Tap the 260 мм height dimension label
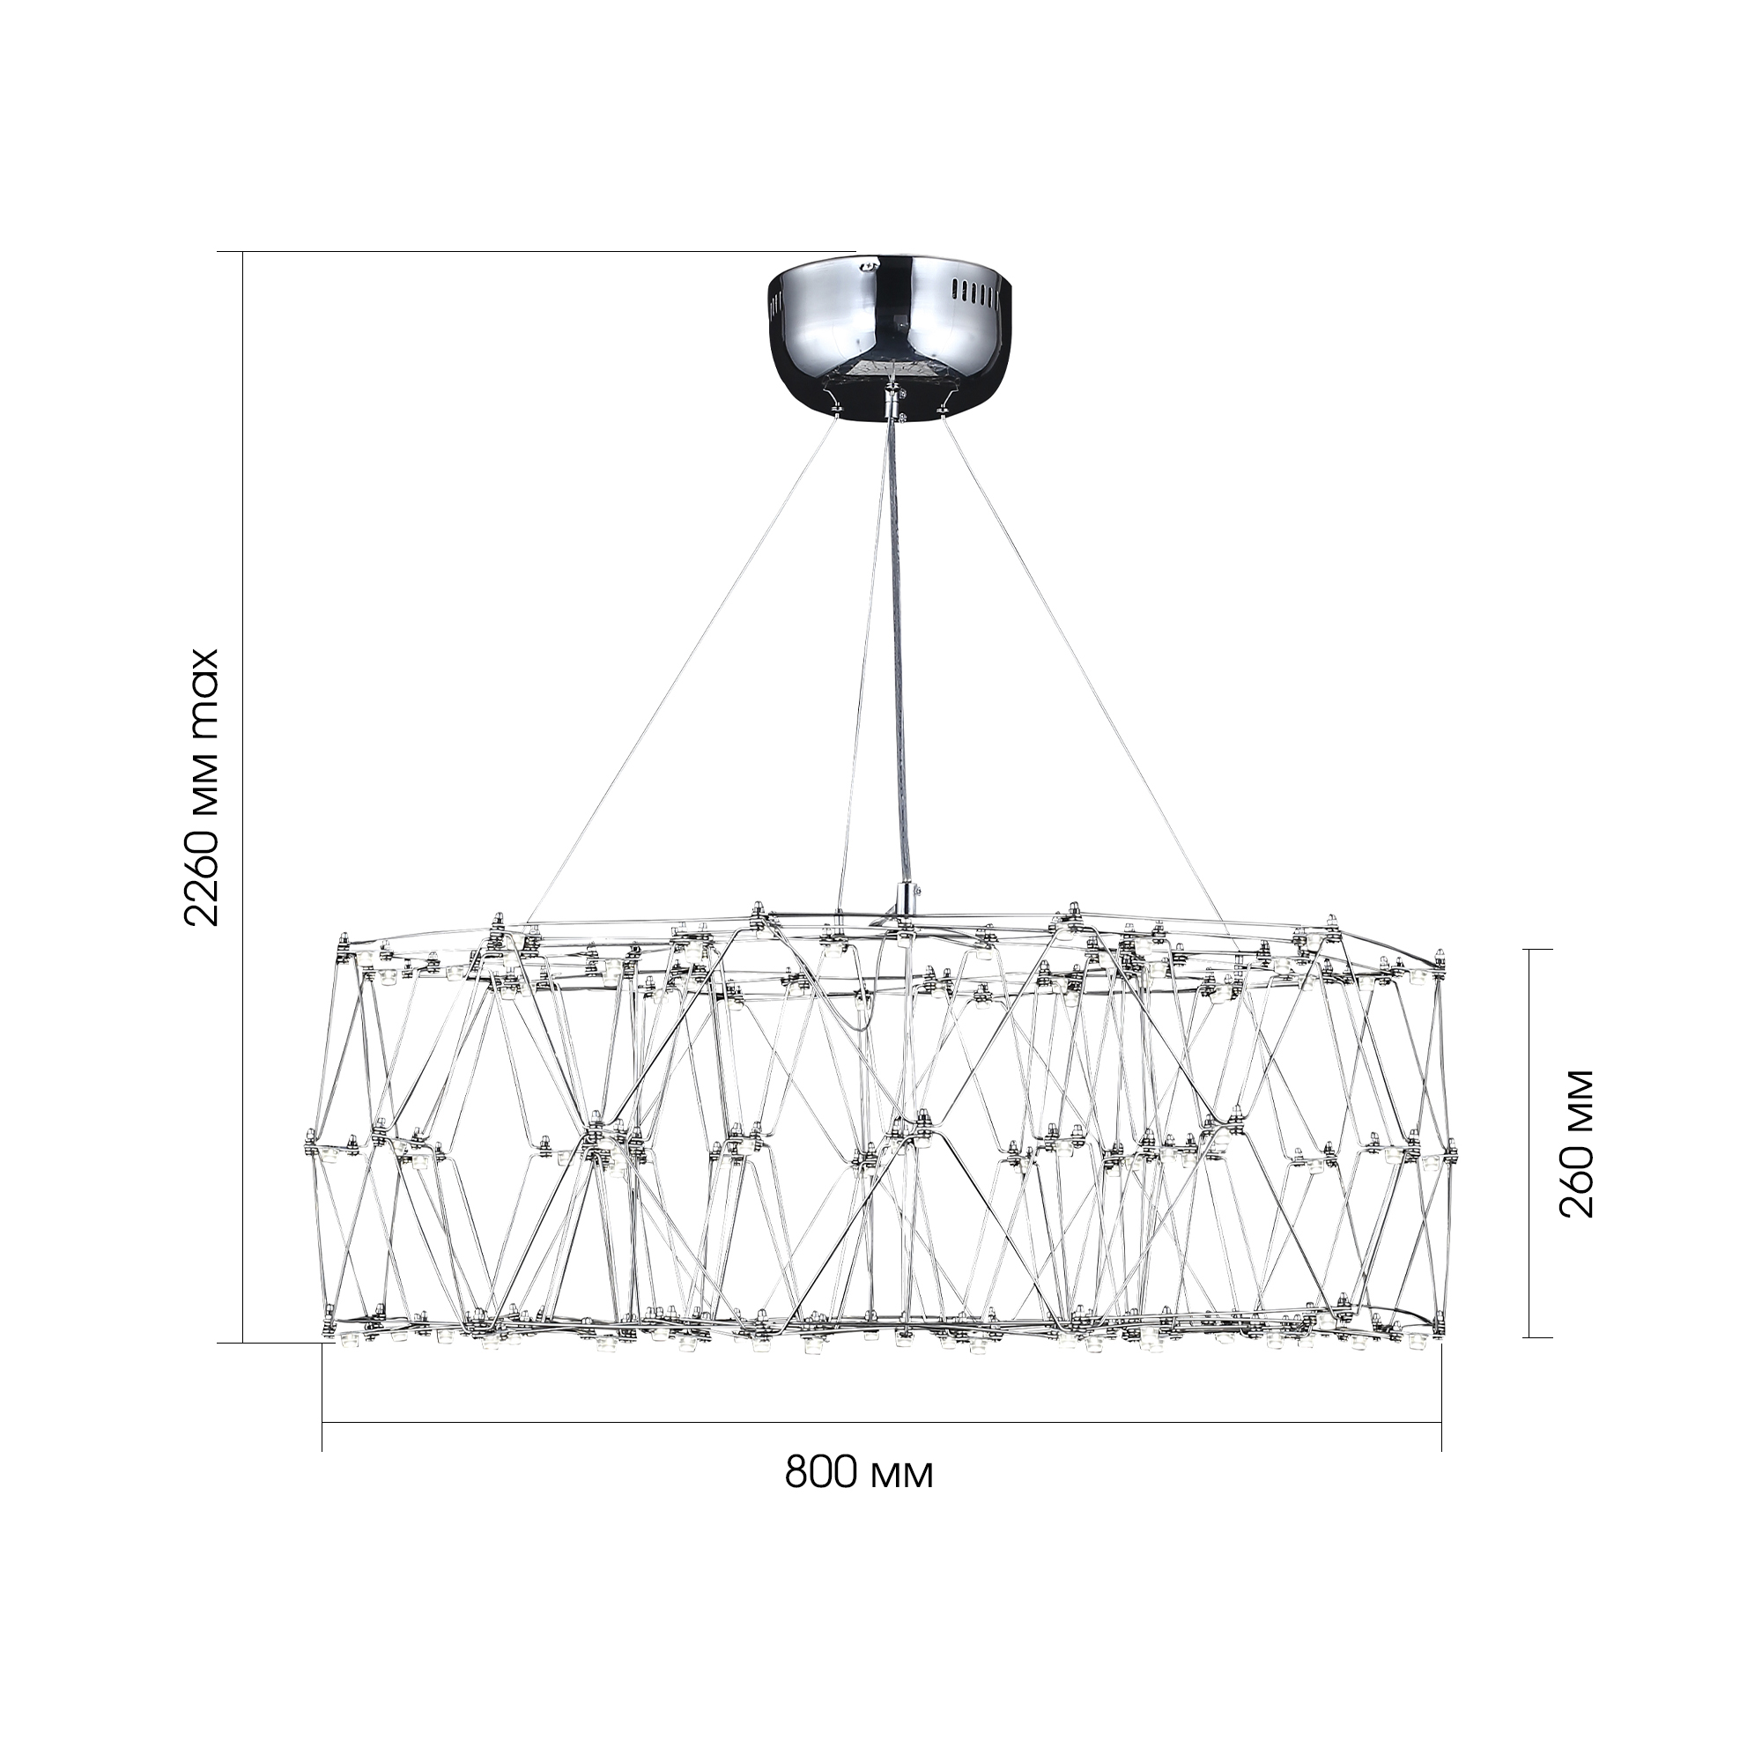click(x=1577, y=1144)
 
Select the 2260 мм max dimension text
click(x=202, y=788)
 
